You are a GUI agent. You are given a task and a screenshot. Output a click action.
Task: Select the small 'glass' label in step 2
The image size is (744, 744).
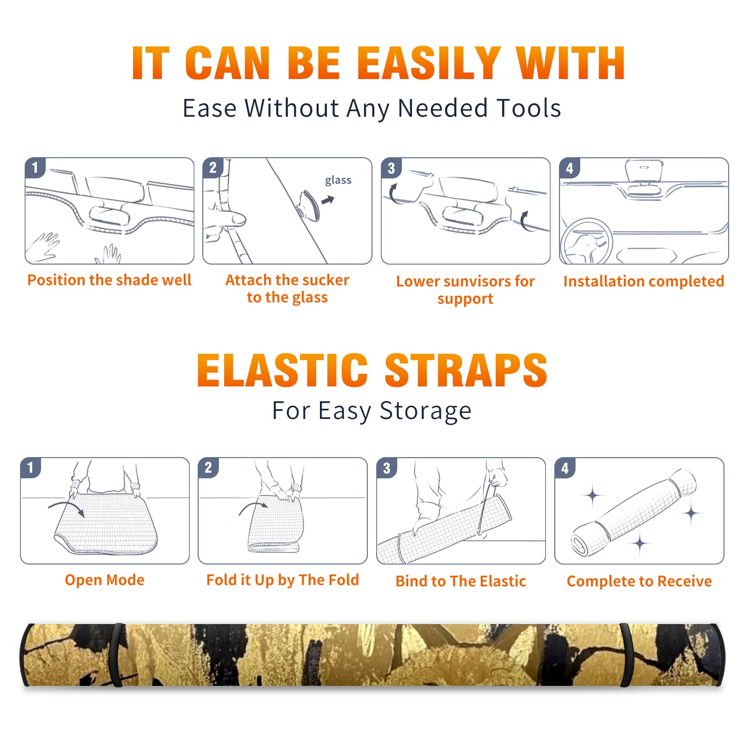point(338,180)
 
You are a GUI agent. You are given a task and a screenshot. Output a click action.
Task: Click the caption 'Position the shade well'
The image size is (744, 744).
point(109,280)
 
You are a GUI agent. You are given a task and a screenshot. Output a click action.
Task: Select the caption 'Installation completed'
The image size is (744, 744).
point(644,281)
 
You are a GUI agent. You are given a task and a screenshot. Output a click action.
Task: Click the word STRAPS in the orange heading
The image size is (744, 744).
point(466,370)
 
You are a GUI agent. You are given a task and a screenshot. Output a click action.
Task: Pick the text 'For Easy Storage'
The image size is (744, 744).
point(372,411)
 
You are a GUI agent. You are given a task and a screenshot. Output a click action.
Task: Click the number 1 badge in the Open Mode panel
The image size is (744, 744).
point(31,467)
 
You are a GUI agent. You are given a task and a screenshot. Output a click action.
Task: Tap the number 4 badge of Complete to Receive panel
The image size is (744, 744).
point(565,468)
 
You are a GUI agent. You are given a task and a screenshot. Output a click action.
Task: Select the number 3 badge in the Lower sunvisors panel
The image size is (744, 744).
point(391,168)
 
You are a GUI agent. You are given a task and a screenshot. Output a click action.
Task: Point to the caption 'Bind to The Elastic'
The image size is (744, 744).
point(460,581)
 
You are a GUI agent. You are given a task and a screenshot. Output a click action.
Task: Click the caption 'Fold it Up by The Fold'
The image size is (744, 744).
point(283,580)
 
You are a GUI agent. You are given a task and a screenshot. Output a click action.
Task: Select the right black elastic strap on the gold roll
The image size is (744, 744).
point(627,655)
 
